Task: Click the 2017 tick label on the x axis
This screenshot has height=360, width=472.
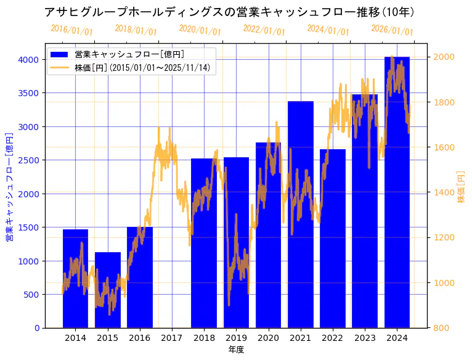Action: pos(172,338)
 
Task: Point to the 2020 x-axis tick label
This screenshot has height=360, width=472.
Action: pos(268,338)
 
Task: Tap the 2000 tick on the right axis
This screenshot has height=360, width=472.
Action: pos(445,57)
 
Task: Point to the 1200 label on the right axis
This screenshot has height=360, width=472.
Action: pos(445,238)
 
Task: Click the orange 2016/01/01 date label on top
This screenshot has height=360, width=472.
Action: pos(72,30)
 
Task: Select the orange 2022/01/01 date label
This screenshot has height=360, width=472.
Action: pos(264,30)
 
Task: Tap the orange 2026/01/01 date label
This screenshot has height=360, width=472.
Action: pos(393,30)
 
